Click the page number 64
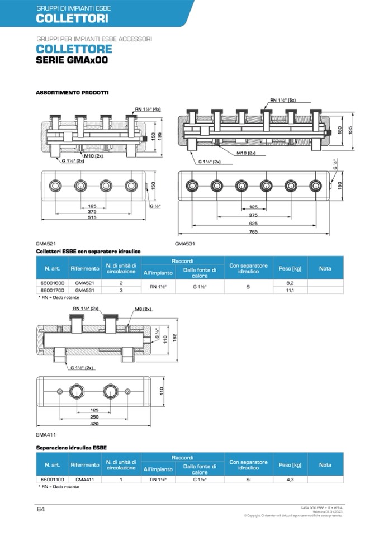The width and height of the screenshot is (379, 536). [x=41, y=509]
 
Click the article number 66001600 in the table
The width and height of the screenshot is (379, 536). [x=52, y=283]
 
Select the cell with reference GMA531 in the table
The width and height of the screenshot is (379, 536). [x=84, y=291]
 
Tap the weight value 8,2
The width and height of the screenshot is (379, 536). [x=290, y=283]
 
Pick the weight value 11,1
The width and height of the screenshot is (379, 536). [x=290, y=291]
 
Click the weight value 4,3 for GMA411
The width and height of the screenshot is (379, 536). [x=290, y=480]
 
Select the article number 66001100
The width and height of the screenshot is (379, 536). [x=52, y=480]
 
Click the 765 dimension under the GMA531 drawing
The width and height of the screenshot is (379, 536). [x=253, y=231]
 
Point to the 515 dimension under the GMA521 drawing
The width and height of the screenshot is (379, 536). [x=92, y=218]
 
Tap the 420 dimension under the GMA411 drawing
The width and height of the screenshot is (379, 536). [x=94, y=424]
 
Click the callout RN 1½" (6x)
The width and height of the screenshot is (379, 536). [x=283, y=100]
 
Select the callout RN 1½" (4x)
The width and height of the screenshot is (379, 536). [x=148, y=109]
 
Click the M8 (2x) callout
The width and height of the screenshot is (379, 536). [x=143, y=309]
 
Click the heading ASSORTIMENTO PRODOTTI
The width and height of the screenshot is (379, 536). [x=72, y=92]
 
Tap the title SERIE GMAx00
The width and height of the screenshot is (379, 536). [x=72, y=60]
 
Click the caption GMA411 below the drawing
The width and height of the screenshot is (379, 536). [x=46, y=434]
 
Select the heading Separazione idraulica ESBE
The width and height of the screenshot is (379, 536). [x=71, y=448]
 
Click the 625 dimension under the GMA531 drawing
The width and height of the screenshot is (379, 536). [x=253, y=222]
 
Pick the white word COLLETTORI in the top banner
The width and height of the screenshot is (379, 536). [x=72, y=18]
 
